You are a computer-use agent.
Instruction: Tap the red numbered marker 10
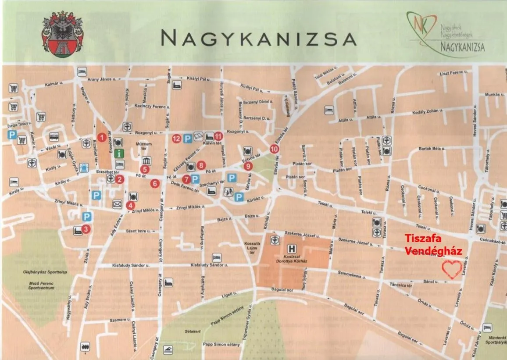[275, 149]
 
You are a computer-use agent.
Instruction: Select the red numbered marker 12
[176, 138]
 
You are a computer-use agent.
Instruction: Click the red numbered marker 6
[154, 183]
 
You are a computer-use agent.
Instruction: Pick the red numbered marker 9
[248, 166]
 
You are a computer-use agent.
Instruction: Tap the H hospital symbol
[288, 247]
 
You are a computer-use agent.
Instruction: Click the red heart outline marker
[452, 269]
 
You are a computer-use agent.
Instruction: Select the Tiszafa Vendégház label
[433, 245]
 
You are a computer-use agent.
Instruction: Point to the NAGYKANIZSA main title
[258, 39]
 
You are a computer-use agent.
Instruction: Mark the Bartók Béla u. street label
[432, 149]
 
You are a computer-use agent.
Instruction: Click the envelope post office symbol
[117, 203]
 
